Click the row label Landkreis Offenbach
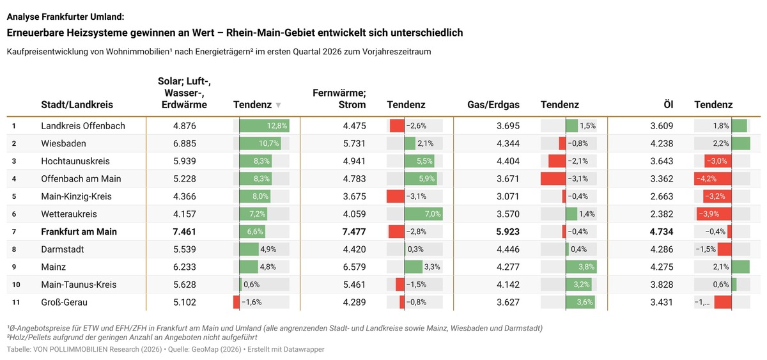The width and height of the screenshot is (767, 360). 83,126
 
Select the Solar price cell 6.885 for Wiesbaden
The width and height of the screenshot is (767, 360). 185,143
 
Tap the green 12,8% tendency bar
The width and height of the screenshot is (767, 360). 265,126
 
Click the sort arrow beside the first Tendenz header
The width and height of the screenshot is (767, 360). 279,105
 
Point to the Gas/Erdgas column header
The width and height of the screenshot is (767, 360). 493,104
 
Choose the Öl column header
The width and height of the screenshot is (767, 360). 669,104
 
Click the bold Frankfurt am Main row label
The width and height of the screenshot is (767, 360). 79,231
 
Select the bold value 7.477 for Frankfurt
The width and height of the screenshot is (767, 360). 354,231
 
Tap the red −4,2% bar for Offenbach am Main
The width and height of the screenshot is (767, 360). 713,178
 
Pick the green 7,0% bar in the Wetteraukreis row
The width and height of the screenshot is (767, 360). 424,214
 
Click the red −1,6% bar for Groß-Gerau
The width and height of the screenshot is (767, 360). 236,302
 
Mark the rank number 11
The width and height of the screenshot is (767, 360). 16,302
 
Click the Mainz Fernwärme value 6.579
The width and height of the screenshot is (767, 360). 354,267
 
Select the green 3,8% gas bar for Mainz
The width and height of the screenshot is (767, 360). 581,267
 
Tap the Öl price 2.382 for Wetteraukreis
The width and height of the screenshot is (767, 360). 662,214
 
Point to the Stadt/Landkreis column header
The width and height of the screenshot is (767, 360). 77,104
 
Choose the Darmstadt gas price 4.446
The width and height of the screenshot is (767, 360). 507,249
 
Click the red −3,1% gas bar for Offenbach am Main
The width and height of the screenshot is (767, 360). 554,178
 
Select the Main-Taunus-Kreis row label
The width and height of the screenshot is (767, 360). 79,285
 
